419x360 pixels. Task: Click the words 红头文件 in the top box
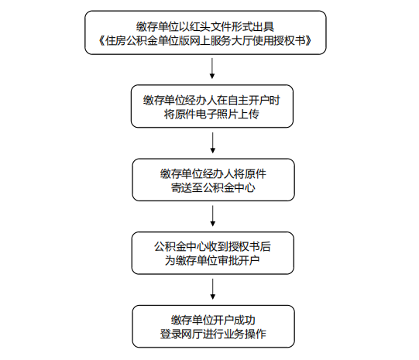click(x=211, y=26)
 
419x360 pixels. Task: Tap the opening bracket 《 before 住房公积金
click(x=101, y=40)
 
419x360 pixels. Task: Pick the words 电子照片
click(x=206, y=115)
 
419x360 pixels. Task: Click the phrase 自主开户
click(x=248, y=100)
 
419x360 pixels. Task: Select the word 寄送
click(x=181, y=188)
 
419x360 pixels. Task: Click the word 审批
click(x=228, y=260)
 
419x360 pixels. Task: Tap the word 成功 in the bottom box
click(x=245, y=320)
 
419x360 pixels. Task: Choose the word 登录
click(x=170, y=334)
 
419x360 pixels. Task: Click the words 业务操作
click(x=245, y=334)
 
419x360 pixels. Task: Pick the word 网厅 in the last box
click(x=191, y=334)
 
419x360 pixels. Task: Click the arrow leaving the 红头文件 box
click(x=212, y=68)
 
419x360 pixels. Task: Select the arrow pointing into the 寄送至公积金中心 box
click(x=213, y=143)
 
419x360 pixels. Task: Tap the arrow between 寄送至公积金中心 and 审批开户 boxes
click(x=213, y=216)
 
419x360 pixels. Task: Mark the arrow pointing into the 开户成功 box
click(x=213, y=290)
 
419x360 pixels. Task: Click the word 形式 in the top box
click(x=242, y=26)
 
